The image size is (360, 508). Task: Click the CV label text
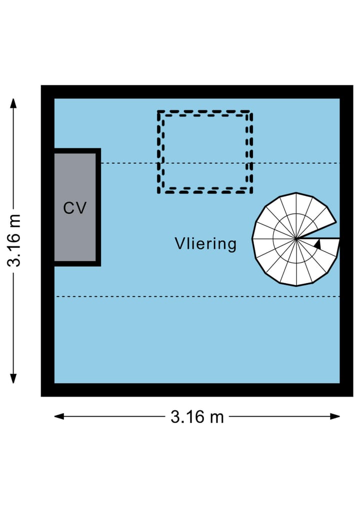[75, 208]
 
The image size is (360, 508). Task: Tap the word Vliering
[205, 244]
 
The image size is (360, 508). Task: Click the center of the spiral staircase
[296, 239]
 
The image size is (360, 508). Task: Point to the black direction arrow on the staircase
[317, 244]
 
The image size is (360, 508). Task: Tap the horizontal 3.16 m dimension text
[197, 417]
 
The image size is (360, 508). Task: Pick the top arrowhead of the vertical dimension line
[13, 102]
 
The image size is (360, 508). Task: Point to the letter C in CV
[69, 208]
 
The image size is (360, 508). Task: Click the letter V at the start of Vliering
[179, 244]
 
